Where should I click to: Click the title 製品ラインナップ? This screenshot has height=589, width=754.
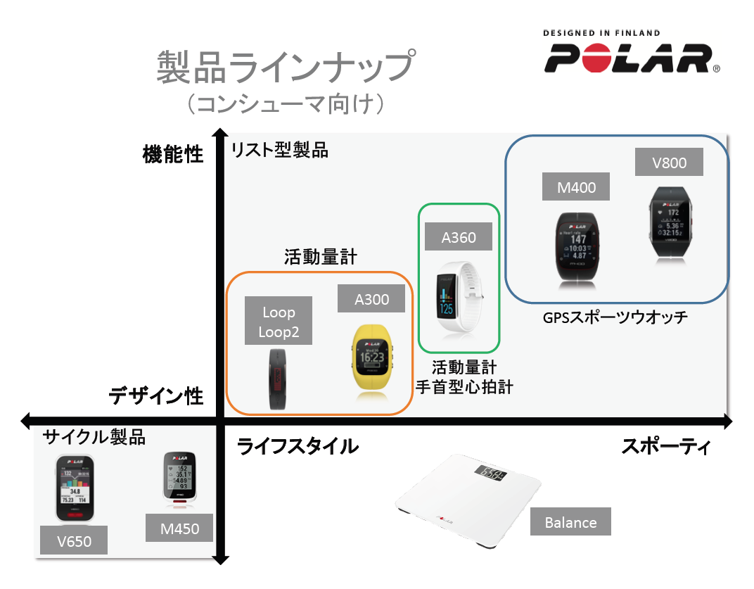click(x=283, y=68)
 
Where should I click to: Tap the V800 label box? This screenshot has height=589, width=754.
click(x=669, y=163)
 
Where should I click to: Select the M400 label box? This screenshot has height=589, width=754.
click(x=575, y=187)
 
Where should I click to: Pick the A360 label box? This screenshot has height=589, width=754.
click(x=459, y=237)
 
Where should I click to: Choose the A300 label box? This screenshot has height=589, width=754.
click(x=371, y=299)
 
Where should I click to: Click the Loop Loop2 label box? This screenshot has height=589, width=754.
click(x=279, y=321)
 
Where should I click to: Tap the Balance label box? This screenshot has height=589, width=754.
click(x=570, y=522)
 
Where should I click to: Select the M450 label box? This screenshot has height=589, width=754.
click(x=179, y=528)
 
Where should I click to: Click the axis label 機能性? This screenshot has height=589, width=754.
click(x=172, y=154)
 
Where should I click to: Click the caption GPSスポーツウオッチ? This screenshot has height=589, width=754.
click(x=615, y=317)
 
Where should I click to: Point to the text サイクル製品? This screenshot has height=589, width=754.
click(x=94, y=437)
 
